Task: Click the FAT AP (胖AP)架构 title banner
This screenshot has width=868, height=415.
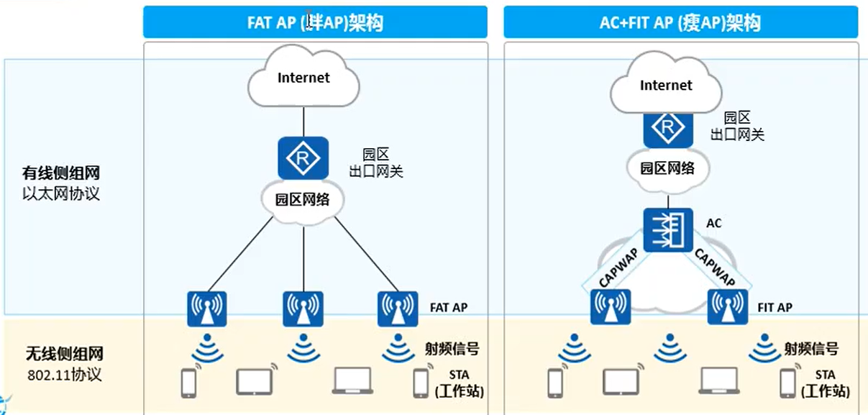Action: (x=315, y=22)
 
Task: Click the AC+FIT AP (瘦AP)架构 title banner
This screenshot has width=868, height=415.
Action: (x=680, y=22)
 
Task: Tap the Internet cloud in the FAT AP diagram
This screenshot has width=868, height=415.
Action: (x=303, y=78)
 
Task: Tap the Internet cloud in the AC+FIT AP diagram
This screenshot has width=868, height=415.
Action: (x=666, y=86)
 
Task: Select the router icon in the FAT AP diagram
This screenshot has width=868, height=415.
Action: (x=303, y=159)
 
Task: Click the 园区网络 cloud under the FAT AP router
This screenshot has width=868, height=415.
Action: (x=303, y=199)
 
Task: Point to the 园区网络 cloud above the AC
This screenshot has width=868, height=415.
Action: (x=667, y=168)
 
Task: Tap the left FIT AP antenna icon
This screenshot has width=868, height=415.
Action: (x=611, y=308)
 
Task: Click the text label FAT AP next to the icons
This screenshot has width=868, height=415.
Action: (x=449, y=308)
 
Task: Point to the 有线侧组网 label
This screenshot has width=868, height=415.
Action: (x=60, y=173)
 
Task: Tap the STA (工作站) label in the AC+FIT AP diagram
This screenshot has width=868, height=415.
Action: (x=824, y=383)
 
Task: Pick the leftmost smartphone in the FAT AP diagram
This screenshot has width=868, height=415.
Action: (x=188, y=383)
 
